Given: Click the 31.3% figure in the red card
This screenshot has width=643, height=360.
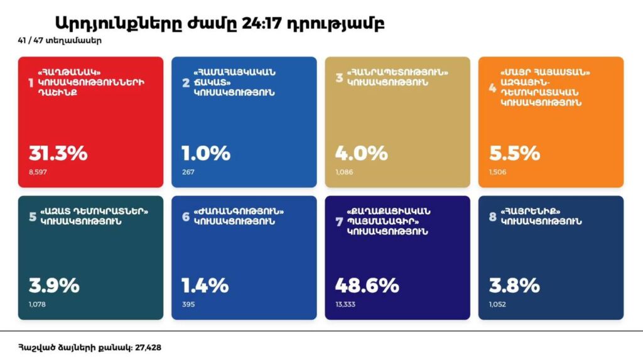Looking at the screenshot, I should [x=58, y=153].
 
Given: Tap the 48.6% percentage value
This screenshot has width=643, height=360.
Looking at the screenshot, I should [x=367, y=286].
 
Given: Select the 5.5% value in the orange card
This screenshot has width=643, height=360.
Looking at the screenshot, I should [x=514, y=153].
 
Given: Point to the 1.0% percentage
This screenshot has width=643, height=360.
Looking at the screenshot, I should [x=206, y=153].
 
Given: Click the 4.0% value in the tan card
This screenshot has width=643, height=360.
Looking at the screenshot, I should [x=361, y=153].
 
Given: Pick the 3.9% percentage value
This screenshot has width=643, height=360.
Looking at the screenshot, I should [x=54, y=286].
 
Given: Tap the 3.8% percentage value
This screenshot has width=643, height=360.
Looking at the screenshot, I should [x=514, y=286].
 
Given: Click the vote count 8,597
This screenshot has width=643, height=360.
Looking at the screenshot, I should [x=37, y=172].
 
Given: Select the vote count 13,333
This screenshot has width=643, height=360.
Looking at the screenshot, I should [x=347, y=305].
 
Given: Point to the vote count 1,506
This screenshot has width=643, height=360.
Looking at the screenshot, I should [x=497, y=172].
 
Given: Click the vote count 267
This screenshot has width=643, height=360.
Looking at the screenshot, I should [x=188, y=172].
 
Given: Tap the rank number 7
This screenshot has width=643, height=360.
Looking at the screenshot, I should [x=339, y=221].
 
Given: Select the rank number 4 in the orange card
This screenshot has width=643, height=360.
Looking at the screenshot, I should [x=493, y=87].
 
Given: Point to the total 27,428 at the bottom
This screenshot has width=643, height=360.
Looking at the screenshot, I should [x=149, y=347].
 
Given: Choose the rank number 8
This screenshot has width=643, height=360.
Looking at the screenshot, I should [x=493, y=217].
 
